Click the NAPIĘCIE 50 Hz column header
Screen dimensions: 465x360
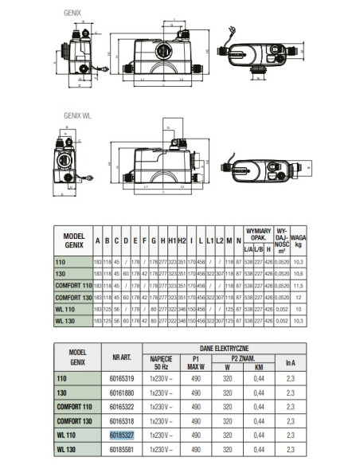tap(162, 361)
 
